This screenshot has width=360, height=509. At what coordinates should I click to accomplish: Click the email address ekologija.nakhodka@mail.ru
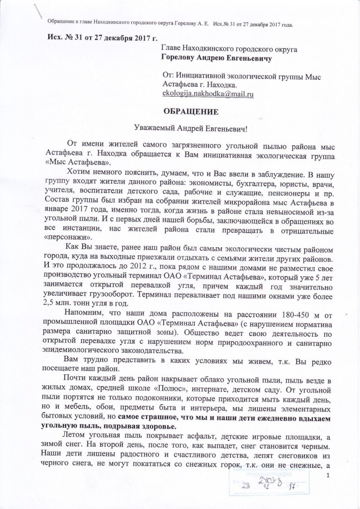(x=208, y=94)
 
